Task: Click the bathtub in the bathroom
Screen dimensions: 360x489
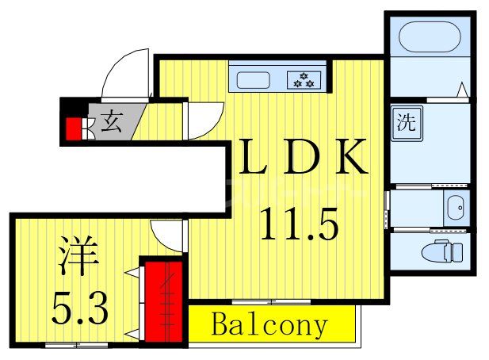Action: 429,36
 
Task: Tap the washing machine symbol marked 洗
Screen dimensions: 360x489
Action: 407,122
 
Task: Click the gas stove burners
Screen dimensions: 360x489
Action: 304,80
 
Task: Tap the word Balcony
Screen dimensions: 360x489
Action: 269,325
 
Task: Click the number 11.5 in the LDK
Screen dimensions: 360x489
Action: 300,225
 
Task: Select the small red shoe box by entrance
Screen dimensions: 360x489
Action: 74,128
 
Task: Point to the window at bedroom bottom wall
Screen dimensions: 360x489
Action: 67,344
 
